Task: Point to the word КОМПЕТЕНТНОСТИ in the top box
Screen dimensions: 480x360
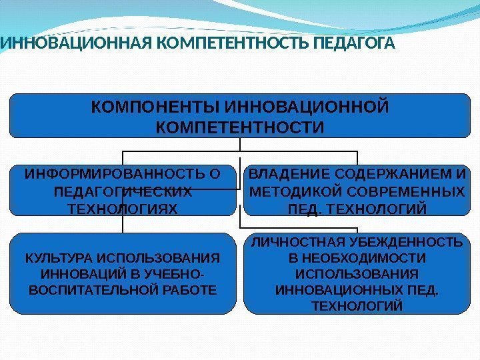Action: point(239,126)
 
